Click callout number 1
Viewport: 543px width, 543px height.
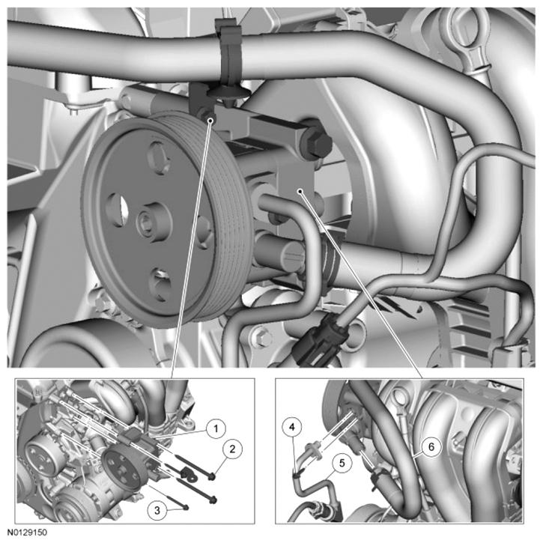coord(216,428)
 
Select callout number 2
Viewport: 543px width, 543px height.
coord(232,449)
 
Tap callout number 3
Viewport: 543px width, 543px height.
coord(157,510)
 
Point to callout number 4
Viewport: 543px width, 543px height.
coord(292,428)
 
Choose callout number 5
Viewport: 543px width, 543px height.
coord(342,463)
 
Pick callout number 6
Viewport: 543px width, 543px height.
coord(431,446)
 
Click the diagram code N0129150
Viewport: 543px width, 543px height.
coord(28,533)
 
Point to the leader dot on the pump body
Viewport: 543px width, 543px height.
coord(300,191)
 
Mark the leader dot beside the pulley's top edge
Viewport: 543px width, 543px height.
coord(210,120)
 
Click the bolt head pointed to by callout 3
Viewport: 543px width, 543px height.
coord(186,508)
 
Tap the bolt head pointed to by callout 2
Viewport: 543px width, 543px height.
coord(212,477)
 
